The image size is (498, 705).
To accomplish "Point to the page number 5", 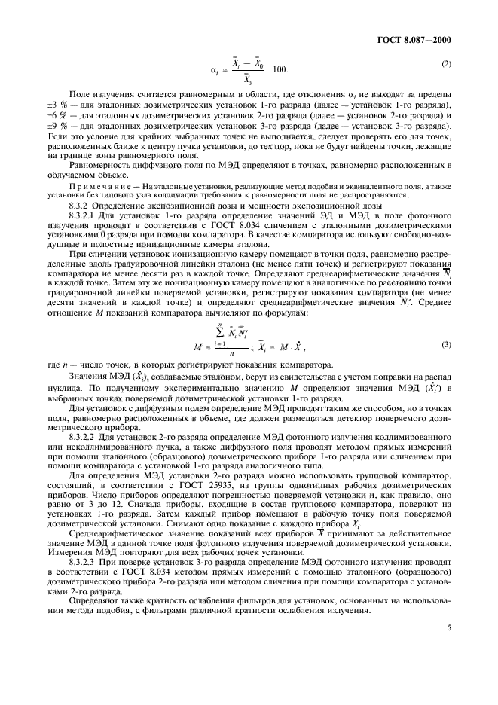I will click(449, 667).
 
